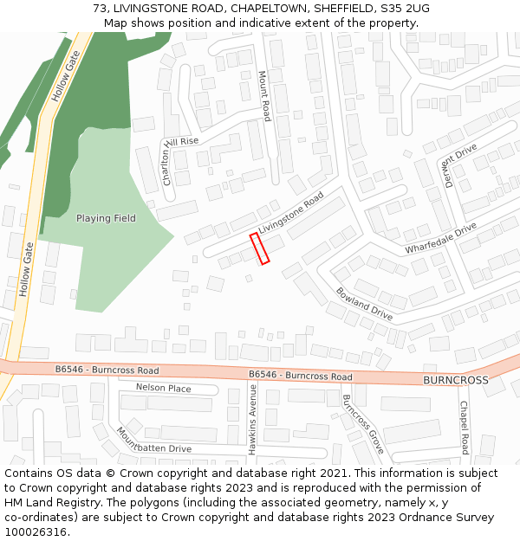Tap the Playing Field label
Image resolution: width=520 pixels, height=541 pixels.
pyautogui.click(x=106, y=218)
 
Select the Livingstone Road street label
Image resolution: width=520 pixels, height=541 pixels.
pyautogui.click(x=290, y=212)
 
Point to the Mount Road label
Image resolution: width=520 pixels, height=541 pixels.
pyautogui.click(x=265, y=96)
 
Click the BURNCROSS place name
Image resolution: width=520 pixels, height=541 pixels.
pyautogui.click(x=455, y=380)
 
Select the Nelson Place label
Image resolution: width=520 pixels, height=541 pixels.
pyautogui.click(x=163, y=388)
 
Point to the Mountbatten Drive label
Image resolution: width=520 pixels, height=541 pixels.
pyautogui.click(x=154, y=441)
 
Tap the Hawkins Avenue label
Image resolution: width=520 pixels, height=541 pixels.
pyautogui.click(x=253, y=420)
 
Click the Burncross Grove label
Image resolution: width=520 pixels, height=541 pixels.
pyautogui.click(x=362, y=425)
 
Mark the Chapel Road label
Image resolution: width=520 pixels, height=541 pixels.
pyautogui.click(x=464, y=428)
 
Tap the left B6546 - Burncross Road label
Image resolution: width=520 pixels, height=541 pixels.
pyautogui.click(x=107, y=368)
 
